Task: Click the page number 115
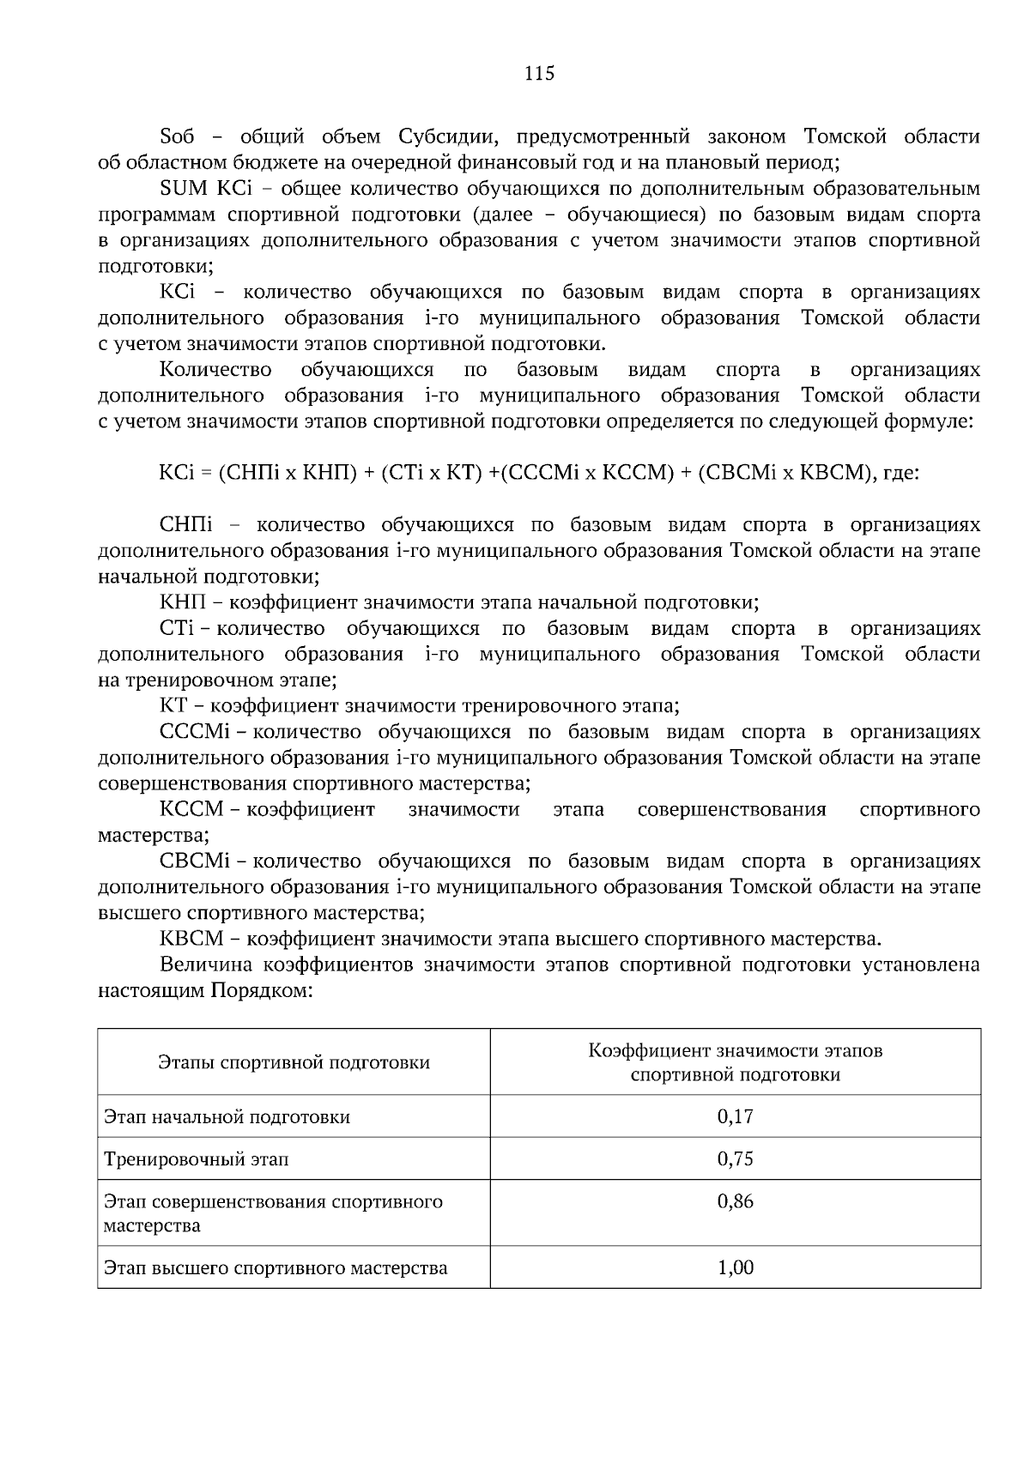(540, 73)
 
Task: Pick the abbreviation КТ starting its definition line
(173, 706)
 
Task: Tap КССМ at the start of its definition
(191, 809)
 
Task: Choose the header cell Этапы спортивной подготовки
(294, 1062)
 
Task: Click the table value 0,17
(735, 1116)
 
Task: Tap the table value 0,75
(735, 1159)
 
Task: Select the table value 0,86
(735, 1201)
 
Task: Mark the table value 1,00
(735, 1267)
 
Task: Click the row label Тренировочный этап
(197, 1159)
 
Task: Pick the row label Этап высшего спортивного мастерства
(276, 1267)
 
